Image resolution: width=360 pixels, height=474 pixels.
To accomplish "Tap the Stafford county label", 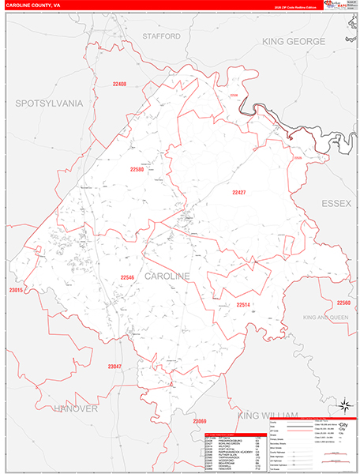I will pyautogui.click(x=161, y=36).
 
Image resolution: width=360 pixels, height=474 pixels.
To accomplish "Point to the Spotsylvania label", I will pyautogui.click(x=48, y=103).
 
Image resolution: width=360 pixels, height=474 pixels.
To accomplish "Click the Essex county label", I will pyautogui.click(x=336, y=203).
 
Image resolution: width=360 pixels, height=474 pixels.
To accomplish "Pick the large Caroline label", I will pyautogui.click(x=167, y=276).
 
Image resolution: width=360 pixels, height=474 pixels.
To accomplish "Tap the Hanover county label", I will pyautogui.click(x=76, y=408).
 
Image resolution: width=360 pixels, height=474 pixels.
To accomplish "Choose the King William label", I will pyautogui.click(x=267, y=415).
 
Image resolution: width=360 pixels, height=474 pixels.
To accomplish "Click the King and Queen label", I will pyautogui.click(x=324, y=317).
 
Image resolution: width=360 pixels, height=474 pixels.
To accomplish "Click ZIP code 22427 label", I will pyautogui.click(x=239, y=192).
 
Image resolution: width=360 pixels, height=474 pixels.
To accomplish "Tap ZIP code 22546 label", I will pyautogui.click(x=127, y=277).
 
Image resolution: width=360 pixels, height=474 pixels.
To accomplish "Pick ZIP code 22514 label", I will pyautogui.click(x=243, y=304).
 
